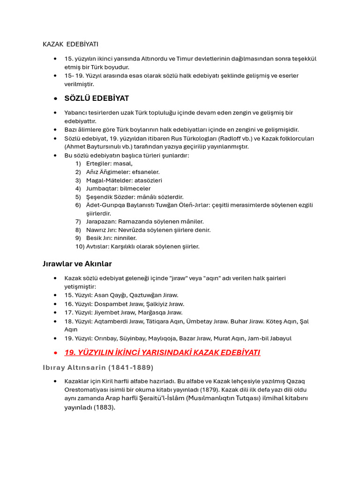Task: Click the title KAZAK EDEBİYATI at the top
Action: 70,44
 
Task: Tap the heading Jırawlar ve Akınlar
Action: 77,264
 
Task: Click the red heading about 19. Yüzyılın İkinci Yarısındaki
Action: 162,352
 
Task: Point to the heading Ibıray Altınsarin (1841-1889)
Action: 98,367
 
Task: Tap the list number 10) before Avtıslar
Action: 80,247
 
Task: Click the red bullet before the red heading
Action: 55,352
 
